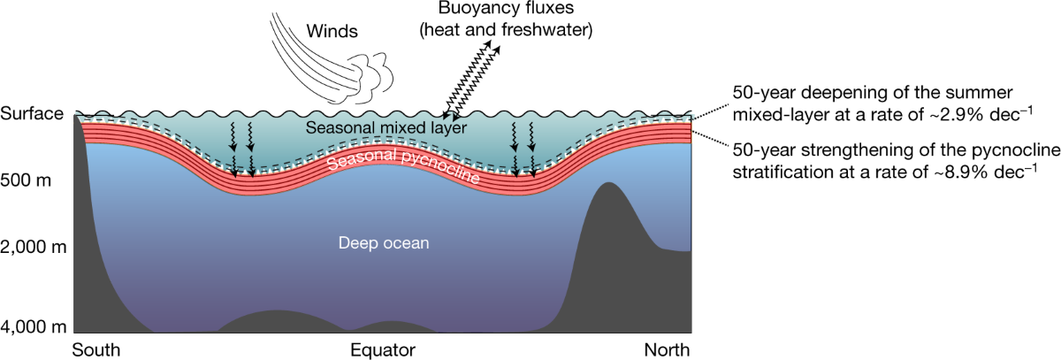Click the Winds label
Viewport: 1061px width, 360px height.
tap(333, 34)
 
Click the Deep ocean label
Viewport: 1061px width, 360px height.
tap(384, 242)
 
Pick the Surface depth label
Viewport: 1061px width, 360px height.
tap(33, 114)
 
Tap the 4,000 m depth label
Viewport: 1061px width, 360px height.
tap(34, 328)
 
